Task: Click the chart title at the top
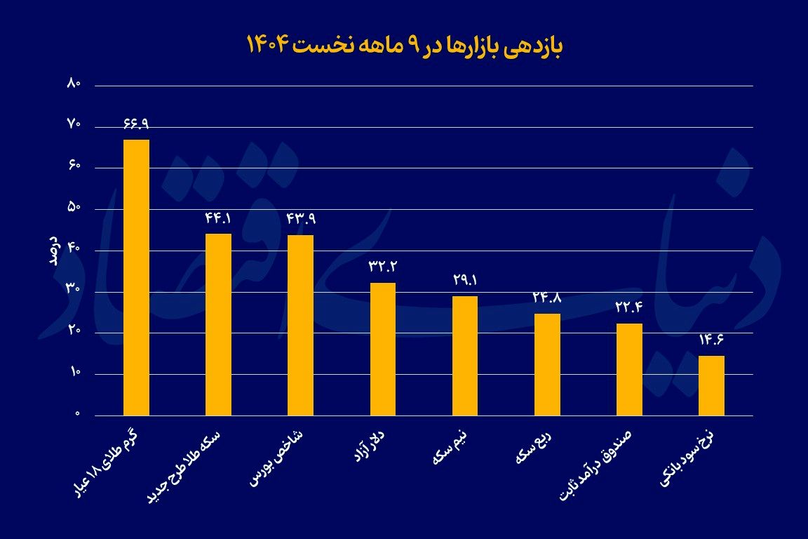(404, 45)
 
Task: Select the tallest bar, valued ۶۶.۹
(136, 277)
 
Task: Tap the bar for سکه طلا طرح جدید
(218, 324)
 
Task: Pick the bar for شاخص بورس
(300, 325)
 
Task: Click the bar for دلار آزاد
(382, 349)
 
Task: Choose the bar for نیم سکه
(465, 356)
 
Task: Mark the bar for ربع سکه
(547, 364)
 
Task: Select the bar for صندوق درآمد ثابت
(629, 369)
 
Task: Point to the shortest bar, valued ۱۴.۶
(711, 385)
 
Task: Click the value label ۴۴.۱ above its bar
(218, 218)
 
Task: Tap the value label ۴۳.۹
(301, 219)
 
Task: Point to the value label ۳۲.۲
(382, 267)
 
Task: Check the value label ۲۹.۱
(465, 280)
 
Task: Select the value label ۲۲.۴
(629, 307)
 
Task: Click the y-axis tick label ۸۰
(74, 84)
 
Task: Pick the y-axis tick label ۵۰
(74, 208)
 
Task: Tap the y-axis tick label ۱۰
(74, 373)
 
